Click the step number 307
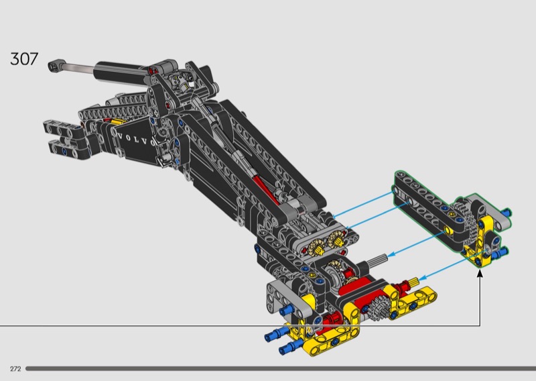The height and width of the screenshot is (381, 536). (24, 59)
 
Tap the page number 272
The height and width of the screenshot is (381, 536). (15, 369)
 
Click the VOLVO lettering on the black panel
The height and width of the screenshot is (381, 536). (136, 140)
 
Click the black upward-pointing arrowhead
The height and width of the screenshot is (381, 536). (480, 273)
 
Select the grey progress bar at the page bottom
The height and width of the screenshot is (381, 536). (281, 369)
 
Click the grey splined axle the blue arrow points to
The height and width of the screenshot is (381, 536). (378, 259)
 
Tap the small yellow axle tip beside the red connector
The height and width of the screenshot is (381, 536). (413, 282)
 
